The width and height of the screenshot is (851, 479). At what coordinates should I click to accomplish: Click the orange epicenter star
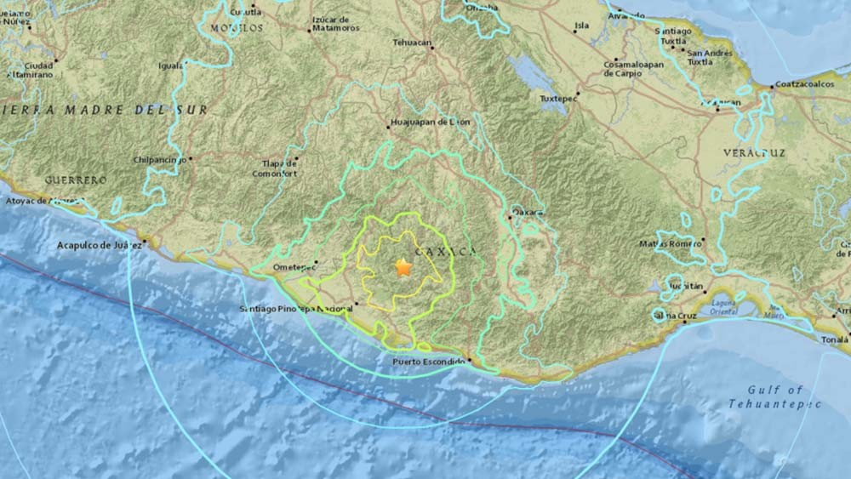[x=403, y=267]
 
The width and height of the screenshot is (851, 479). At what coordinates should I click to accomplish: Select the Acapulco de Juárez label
[x=97, y=245]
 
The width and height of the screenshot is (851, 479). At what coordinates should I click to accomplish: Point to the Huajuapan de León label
[x=429, y=123]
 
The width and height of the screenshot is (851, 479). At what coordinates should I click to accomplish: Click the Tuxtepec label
[x=557, y=98]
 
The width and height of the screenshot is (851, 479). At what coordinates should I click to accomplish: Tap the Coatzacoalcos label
[x=809, y=86]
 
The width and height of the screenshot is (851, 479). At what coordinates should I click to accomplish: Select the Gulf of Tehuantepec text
[x=774, y=396]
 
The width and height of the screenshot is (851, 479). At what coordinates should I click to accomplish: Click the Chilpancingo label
[x=159, y=159]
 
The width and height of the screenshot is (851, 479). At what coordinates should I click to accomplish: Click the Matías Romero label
[x=671, y=243]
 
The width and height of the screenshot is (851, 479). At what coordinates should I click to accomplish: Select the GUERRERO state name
[x=76, y=180]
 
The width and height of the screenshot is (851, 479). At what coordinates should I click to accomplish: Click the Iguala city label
[x=170, y=65]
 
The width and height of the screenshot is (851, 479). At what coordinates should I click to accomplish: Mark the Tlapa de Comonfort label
[x=275, y=168]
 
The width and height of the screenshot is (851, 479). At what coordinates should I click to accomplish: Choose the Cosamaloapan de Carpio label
[x=632, y=68]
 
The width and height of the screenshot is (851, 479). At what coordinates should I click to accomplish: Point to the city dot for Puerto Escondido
[x=469, y=361]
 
